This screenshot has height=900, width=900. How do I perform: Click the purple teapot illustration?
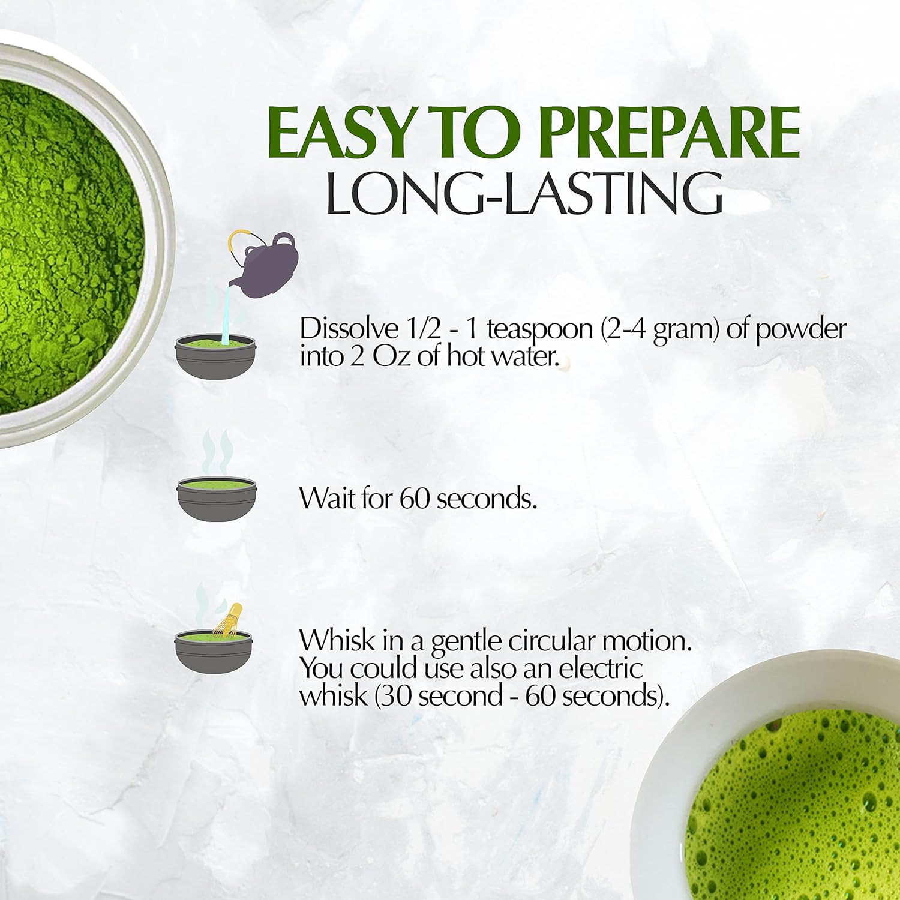point(266,265)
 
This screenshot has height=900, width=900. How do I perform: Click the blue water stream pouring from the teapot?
point(226,317)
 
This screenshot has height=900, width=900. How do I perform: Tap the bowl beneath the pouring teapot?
point(215,361)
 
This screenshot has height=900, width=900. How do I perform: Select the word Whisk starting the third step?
point(337,640)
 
